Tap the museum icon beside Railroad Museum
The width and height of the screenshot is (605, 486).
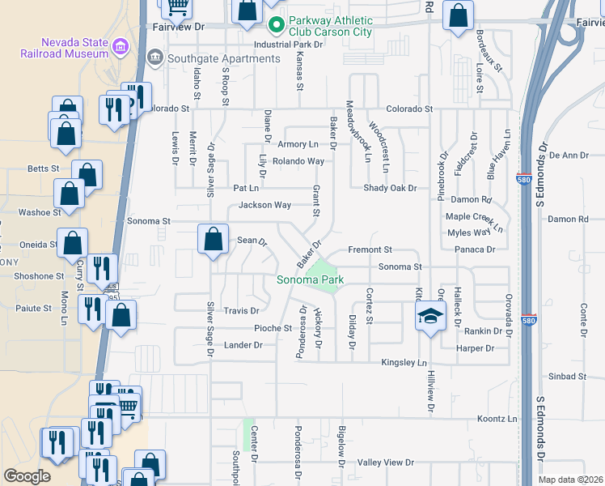[x=121, y=46]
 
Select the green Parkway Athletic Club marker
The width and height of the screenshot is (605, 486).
[x=275, y=26]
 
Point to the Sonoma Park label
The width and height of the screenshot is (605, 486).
[x=311, y=280]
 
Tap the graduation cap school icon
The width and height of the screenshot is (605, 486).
[x=431, y=315]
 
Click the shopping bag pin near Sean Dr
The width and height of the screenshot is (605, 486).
[x=213, y=240]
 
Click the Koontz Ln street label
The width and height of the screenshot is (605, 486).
[x=496, y=419]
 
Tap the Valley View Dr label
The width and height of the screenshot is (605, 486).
[x=386, y=463]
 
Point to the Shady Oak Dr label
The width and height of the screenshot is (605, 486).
[x=389, y=188]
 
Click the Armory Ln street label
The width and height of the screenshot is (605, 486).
[x=298, y=144]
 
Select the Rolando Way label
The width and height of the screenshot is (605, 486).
[x=298, y=161]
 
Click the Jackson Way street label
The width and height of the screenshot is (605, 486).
[x=264, y=205]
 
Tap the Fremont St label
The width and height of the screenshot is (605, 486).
[x=370, y=249]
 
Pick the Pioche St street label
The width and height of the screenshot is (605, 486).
[x=273, y=328]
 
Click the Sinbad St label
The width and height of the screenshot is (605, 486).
[x=566, y=377]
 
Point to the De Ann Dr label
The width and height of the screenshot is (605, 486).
[x=569, y=155]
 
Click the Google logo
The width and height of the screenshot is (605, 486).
[x=27, y=476]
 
